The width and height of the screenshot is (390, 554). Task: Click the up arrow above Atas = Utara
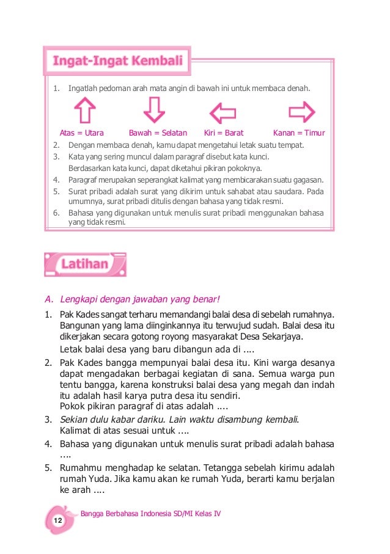(84, 111)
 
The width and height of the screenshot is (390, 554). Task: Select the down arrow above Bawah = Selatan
(154, 111)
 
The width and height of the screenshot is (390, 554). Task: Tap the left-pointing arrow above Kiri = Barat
(223, 113)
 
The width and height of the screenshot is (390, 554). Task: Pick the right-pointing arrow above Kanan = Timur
(301, 112)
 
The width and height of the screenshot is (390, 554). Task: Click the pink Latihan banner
(85, 264)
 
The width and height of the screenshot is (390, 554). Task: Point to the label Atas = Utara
(82, 133)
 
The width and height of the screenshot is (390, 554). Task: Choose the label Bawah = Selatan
(158, 133)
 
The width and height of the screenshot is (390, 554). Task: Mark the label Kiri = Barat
(224, 133)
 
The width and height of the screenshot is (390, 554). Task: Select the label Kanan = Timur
(299, 133)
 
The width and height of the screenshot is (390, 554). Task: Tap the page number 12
(58, 520)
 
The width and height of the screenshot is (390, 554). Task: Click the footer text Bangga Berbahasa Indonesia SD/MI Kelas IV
(150, 514)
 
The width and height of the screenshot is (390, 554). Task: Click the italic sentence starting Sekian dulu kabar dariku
(180, 419)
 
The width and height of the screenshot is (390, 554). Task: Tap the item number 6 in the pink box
(56, 213)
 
